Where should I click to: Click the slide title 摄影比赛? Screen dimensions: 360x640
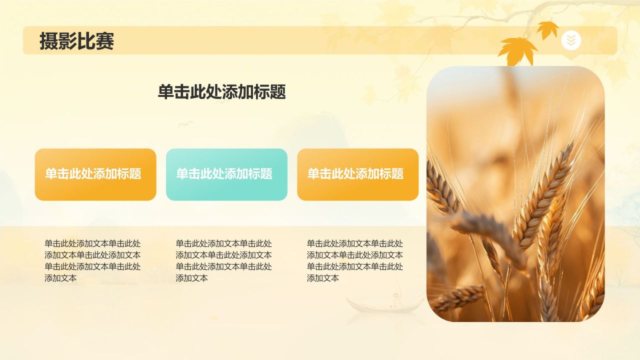[x=77, y=41]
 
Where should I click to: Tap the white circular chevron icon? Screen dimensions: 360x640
[x=571, y=40]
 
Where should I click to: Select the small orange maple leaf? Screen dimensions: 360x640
[x=548, y=29]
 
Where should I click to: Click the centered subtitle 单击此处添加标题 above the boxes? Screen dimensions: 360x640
[x=221, y=92]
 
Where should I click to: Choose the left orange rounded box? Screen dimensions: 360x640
[x=95, y=174]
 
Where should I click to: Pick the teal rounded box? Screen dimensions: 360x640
[x=226, y=174]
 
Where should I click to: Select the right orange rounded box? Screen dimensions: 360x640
[x=357, y=174]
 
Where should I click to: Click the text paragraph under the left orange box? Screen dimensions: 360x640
[x=92, y=260]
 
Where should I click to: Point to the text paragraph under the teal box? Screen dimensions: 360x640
[x=223, y=260]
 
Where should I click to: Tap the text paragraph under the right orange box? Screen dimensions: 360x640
[x=355, y=260]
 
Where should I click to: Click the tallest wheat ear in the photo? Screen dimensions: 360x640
[x=545, y=195]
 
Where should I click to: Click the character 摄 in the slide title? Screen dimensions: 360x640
[x=48, y=41]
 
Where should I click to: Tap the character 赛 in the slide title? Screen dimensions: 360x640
[x=105, y=41]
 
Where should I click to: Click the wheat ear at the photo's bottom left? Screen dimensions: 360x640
[x=457, y=298]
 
